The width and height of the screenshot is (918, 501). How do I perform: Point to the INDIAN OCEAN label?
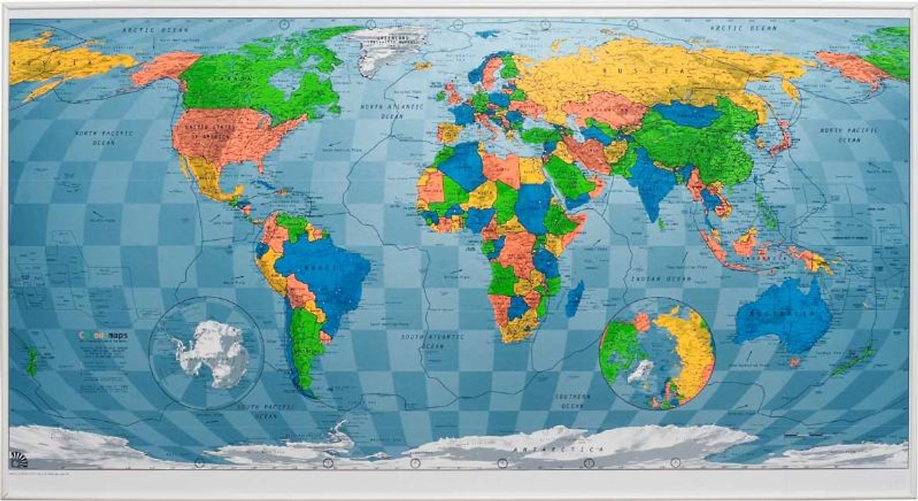tap(661, 279)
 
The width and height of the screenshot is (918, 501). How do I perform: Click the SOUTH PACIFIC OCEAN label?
tap(266, 411)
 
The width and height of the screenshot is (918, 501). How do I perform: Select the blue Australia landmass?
tap(783, 316)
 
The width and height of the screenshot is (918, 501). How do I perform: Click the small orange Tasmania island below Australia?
tap(795, 362)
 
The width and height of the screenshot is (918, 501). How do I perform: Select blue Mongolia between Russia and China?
tap(688, 115)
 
